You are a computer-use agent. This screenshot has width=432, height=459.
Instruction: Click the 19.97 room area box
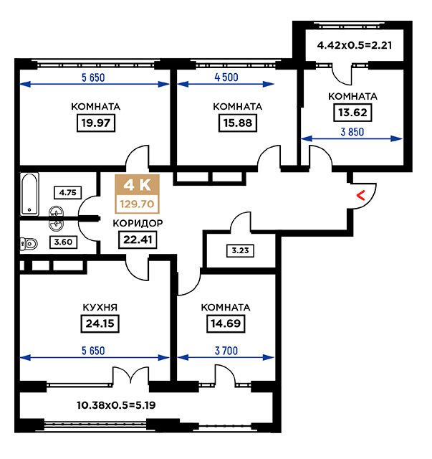tap(96, 123)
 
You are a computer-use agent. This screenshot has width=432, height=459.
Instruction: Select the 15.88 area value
tap(238, 123)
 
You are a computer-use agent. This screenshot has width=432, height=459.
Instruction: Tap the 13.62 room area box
tap(352, 113)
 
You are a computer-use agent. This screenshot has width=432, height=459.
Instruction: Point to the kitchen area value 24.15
tap(100, 323)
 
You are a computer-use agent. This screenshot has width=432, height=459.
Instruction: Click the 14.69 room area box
tap(226, 323)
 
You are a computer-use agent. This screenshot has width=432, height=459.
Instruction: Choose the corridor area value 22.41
tap(138, 240)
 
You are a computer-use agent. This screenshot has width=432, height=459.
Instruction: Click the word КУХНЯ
tap(100, 308)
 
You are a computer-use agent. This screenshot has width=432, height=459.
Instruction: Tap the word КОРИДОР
tap(138, 223)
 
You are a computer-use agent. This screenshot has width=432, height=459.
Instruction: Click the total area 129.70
tap(137, 204)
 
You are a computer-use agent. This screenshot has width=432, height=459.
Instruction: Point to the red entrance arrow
tap(361, 196)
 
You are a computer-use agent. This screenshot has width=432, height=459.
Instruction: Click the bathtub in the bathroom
tap(29, 194)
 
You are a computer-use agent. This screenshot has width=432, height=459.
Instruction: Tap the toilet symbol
tap(29, 244)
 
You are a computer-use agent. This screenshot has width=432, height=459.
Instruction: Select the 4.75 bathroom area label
tap(67, 193)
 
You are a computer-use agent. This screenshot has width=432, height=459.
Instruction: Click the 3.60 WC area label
tap(63, 242)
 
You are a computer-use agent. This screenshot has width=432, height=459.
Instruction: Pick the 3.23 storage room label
tap(241, 251)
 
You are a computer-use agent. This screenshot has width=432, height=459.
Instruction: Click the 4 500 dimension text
tap(226, 77)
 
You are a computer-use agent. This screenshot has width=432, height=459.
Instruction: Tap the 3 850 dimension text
tap(352, 132)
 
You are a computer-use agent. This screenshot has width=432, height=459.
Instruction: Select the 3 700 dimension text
tap(226, 351)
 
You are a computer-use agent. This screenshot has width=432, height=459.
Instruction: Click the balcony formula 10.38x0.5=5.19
tap(116, 405)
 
